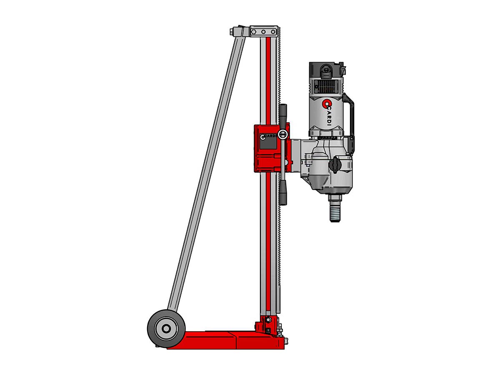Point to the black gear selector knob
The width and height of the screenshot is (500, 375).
(x=335, y=163)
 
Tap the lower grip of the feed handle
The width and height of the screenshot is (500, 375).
(x=283, y=192)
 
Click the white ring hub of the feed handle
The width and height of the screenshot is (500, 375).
(x=282, y=134)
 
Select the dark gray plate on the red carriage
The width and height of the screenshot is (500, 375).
(x=268, y=143)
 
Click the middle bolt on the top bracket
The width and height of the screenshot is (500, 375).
(x=263, y=32)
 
